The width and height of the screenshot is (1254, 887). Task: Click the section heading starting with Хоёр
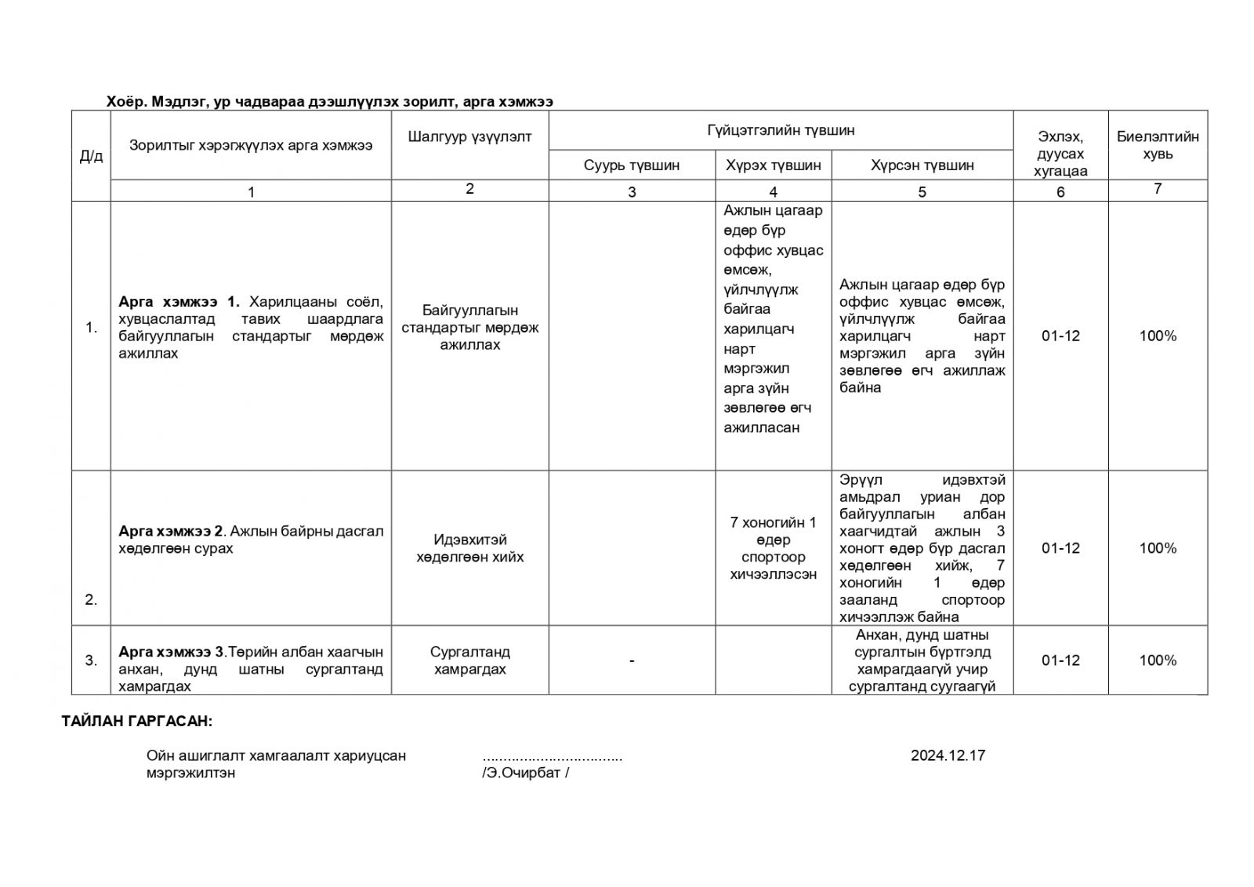(x=330, y=102)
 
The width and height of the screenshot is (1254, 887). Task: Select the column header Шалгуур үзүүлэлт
(x=469, y=136)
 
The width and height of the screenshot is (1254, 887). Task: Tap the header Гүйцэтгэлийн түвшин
(x=781, y=130)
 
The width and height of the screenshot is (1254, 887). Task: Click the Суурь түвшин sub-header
(x=632, y=165)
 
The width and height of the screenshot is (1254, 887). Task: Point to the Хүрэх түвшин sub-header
(x=773, y=165)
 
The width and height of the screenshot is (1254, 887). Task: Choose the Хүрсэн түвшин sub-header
(x=922, y=165)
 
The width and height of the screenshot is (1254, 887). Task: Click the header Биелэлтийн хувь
(x=1158, y=145)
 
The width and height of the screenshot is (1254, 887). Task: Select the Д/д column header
(x=91, y=156)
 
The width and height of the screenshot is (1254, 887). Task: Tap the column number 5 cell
(x=922, y=191)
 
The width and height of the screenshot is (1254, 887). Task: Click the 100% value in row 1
(x=1158, y=336)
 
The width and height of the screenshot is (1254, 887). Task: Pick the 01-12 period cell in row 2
(x=1060, y=548)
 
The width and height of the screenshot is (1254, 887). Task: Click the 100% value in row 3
(x=1158, y=660)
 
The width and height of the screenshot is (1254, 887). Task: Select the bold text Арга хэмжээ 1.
(x=179, y=302)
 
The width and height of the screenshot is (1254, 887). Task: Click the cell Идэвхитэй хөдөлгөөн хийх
(x=469, y=548)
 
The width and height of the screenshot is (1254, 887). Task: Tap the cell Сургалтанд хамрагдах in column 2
(x=469, y=660)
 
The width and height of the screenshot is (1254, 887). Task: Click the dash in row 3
(x=632, y=661)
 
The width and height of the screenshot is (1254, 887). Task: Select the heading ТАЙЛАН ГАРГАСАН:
(x=137, y=722)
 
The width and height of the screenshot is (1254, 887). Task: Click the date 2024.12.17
(x=948, y=755)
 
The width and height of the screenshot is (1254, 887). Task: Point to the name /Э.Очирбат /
(x=526, y=773)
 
